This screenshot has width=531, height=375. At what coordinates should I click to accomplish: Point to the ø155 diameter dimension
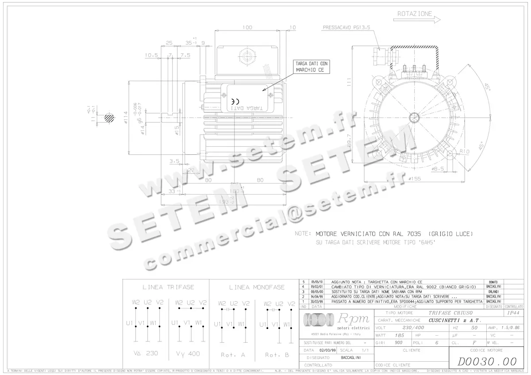tap(416, 179)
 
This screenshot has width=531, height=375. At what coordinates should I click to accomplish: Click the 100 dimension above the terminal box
tap(247, 27)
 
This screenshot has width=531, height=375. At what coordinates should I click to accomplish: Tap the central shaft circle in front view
tap(415, 117)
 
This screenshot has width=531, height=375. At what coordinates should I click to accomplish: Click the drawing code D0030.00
tap(486, 361)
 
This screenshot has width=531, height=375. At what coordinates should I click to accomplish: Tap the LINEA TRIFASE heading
tap(168, 287)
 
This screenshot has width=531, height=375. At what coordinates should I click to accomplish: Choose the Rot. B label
tap(277, 355)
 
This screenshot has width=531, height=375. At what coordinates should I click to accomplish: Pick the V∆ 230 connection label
tap(146, 353)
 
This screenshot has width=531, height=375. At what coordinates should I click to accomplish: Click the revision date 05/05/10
tap(317, 282)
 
